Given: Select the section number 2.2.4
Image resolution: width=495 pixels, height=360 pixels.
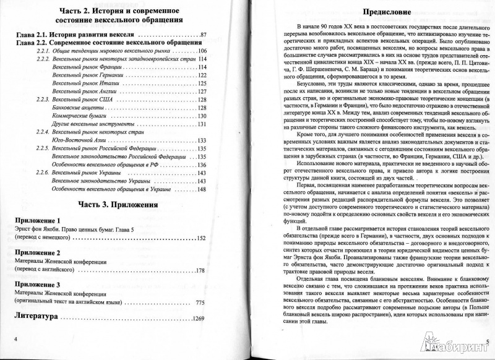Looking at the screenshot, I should click(x=40, y=132).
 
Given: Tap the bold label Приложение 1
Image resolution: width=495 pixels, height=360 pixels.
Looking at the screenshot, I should click(x=37, y=220).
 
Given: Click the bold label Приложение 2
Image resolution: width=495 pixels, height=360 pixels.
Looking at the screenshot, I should click(x=37, y=252).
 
